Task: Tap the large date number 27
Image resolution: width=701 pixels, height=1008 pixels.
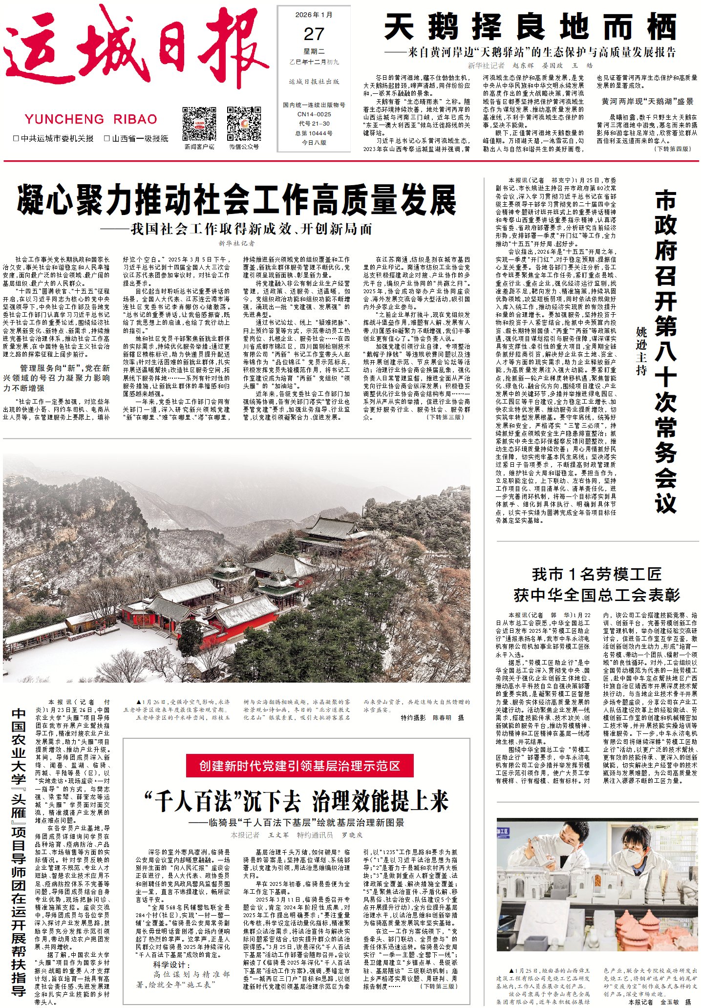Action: click(x=314, y=34)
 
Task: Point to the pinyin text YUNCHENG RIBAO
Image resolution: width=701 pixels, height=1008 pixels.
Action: click(x=91, y=119)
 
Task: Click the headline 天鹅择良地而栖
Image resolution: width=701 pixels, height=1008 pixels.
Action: click(x=530, y=27)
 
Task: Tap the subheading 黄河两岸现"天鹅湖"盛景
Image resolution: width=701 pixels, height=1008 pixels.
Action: click(x=647, y=101)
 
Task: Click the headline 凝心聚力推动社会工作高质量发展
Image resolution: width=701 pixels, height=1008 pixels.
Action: click(x=236, y=200)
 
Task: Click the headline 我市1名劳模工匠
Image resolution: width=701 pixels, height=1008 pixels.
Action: click(x=596, y=574)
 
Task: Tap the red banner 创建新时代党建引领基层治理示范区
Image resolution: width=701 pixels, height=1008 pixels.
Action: click(x=299, y=766)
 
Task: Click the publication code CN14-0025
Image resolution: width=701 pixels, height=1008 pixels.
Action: click(x=314, y=114)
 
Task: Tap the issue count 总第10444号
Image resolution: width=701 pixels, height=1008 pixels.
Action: click(x=314, y=133)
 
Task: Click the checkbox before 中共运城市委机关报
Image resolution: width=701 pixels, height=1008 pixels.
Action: click(x=16, y=139)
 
